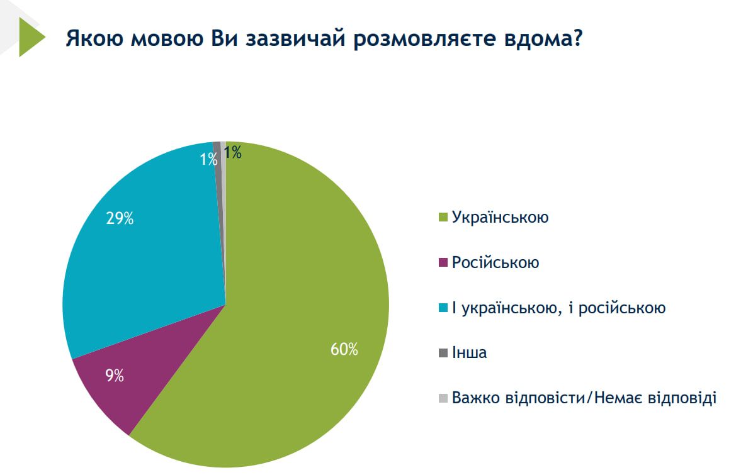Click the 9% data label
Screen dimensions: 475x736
click(115, 377)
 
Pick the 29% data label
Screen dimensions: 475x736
click(120, 219)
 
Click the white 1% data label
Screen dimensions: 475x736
click(208, 160)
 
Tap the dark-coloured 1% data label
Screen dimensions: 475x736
click(233, 152)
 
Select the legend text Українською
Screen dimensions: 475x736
click(501, 218)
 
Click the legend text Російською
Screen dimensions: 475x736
click(495, 263)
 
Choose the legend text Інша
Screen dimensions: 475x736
click(469, 353)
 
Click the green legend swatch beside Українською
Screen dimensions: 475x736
click(443, 218)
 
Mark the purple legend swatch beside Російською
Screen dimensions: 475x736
click(443, 263)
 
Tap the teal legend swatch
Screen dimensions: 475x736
click(443, 308)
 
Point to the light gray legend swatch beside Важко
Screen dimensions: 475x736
click(443, 398)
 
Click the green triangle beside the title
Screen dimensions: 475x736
click(30, 38)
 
